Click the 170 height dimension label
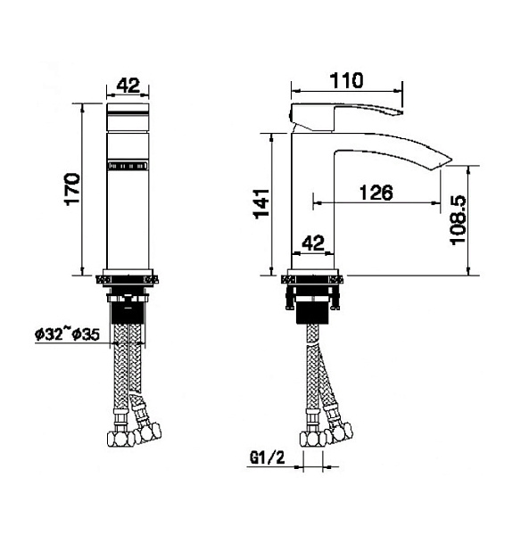coord(72,189)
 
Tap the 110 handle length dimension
coord(346,80)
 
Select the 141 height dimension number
coord(261,203)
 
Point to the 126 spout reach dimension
coord(376,193)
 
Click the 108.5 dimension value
coord(458,220)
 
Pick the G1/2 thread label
coord(268,457)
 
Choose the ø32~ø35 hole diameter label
coord(67,334)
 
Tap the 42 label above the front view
coord(128,86)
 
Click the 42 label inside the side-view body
coord(313,243)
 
